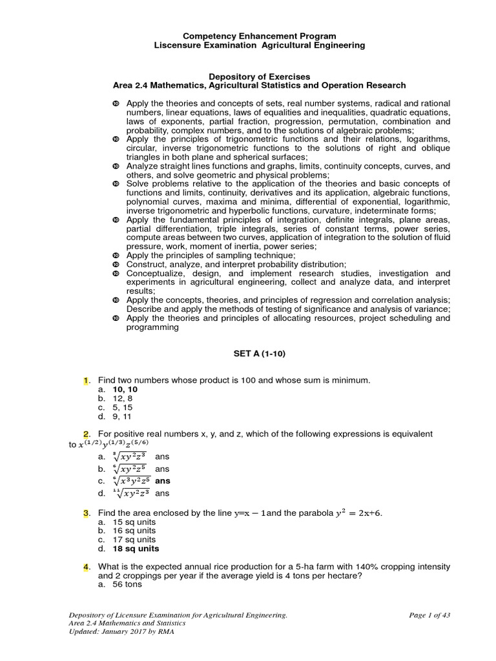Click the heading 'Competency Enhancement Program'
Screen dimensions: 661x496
pyautogui.click(x=259, y=36)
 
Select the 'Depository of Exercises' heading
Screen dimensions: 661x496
pyautogui.click(x=259, y=76)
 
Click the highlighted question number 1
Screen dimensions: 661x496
pyautogui.click(x=86, y=381)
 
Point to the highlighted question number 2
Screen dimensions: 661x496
pyautogui.click(x=86, y=434)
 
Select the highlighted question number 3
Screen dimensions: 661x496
pyautogui.click(x=86, y=513)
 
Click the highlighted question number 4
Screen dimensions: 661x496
pyautogui.click(x=86, y=567)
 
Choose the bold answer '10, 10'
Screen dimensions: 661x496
pyautogui.click(x=125, y=390)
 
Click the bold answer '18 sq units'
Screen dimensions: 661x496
pyautogui.click(x=136, y=549)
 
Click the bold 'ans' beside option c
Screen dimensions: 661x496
pyautogui.click(x=163, y=481)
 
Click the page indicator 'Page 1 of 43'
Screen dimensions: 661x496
pyautogui.click(x=429, y=615)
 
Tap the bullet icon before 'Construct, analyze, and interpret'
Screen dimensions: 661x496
pyautogui.click(x=116, y=264)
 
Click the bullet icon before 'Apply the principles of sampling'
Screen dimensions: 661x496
pyautogui.click(x=116, y=256)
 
